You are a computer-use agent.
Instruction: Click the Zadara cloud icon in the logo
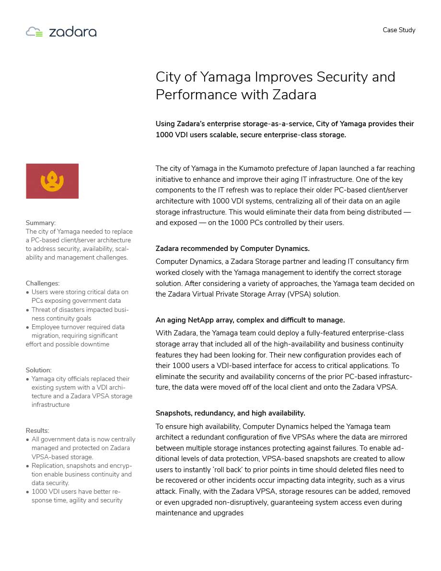[x=34, y=32]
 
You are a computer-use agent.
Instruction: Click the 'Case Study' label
[x=399, y=30]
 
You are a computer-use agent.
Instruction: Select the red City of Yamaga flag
[x=52, y=181]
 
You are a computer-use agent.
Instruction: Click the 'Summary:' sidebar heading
[x=41, y=223]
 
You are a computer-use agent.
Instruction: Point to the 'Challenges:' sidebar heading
[x=43, y=283]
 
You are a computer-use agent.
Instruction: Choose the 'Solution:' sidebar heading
[x=39, y=370]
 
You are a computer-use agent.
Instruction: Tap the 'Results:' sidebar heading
[x=37, y=430]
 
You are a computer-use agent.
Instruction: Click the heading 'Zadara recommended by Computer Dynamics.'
[x=232, y=249]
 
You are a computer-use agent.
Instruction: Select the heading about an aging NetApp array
[x=250, y=320]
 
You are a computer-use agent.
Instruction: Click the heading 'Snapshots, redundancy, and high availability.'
[x=230, y=413]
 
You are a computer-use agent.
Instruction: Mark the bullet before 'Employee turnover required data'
[x=27, y=327]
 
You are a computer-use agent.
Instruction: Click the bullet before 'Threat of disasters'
[x=27, y=310]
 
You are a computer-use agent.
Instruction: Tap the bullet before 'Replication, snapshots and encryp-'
[x=27, y=466]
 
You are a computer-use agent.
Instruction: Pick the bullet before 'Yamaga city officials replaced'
[x=27, y=379]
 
